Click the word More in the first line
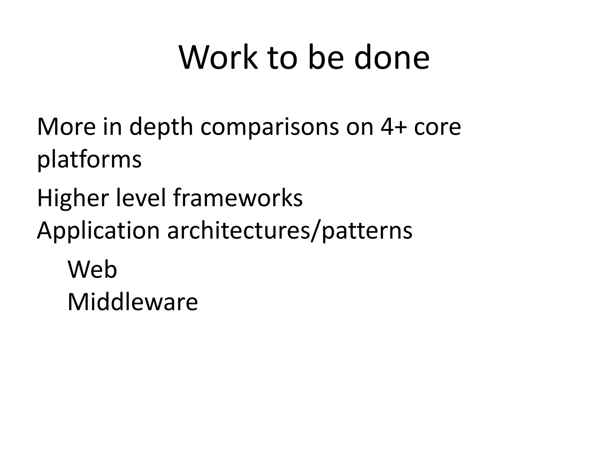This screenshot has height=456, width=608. point(66,127)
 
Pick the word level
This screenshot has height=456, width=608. point(140,198)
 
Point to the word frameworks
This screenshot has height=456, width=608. point(238,198)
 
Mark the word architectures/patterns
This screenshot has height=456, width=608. point(290,231)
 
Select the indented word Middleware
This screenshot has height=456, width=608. point(132,302)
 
